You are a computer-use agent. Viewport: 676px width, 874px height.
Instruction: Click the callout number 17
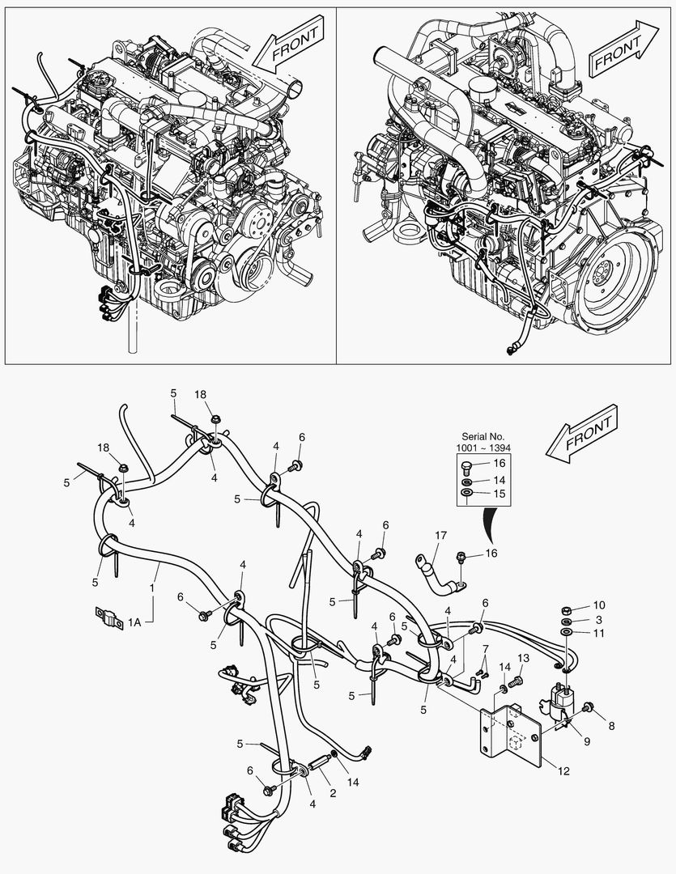pyautogui.click(x=440, y=535)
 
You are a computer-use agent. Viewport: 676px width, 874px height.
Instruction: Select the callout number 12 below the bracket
pyautogui.click(x=563, y=771)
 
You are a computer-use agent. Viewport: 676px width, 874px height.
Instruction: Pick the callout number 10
pyautogui.click(x=599, y=605)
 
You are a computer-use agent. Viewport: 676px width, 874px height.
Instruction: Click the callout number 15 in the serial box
pyautogui.click(x=500, y=493)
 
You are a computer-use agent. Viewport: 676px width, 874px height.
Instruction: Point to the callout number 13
pyautogui.click(x=523, y=657)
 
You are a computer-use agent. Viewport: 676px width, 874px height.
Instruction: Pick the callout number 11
pyautogui.click(x=599, y=633)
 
